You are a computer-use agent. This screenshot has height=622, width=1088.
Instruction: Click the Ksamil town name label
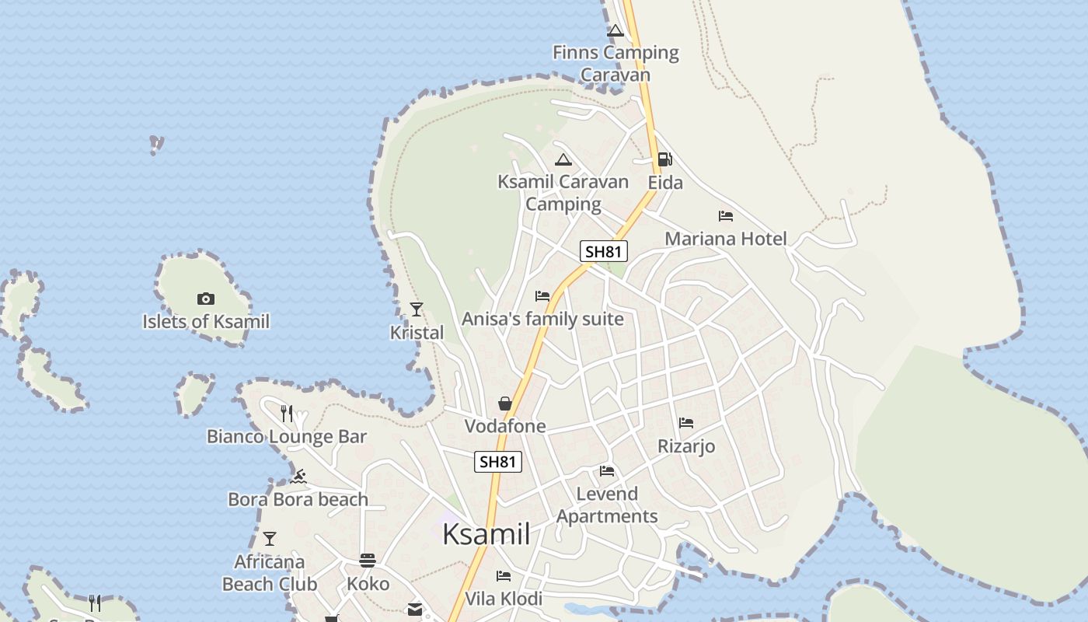click(x=486, y=534)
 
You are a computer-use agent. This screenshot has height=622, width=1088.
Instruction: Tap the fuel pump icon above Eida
click(x=664, y=159)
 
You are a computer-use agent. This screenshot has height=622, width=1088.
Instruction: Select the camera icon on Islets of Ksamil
click(x=206, y=299)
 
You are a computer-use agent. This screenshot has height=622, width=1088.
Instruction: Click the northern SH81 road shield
click(x=604, y=251)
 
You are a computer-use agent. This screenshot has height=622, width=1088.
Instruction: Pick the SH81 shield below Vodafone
click(x=498, y=461)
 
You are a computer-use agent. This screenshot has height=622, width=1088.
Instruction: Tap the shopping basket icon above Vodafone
click(x=505, y=404)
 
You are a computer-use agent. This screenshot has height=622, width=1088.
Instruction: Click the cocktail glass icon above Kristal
click(x=417, y=309)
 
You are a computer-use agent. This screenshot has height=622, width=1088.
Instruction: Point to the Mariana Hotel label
click(x=726, y=239)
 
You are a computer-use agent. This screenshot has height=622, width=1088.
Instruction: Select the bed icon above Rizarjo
click(x=686, y=423)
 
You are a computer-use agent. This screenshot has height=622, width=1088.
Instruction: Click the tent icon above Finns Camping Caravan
click(x=615, y=31)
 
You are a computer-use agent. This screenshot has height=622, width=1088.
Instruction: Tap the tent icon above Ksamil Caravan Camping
click(x=563, y=160)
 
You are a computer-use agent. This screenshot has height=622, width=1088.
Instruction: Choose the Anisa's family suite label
click(x=542, y=319)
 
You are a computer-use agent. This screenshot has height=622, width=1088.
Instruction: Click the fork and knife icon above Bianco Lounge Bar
click(x=287, y=414)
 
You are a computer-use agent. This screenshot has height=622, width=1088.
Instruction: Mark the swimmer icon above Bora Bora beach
click(x=298, y=476)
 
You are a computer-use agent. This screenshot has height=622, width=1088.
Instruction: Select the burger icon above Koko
click(x=368, y=561)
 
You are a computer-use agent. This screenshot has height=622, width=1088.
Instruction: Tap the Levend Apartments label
click(x=607, y=505)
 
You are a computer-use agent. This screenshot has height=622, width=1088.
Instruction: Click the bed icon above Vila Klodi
click(x=504, y=576)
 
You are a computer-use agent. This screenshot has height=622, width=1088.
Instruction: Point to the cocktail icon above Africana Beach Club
click(x=270, y=539)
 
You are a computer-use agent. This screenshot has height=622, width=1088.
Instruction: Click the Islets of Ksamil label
click(x=206, y=321)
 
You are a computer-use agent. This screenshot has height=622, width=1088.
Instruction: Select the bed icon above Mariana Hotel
click(x=726, y=216)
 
